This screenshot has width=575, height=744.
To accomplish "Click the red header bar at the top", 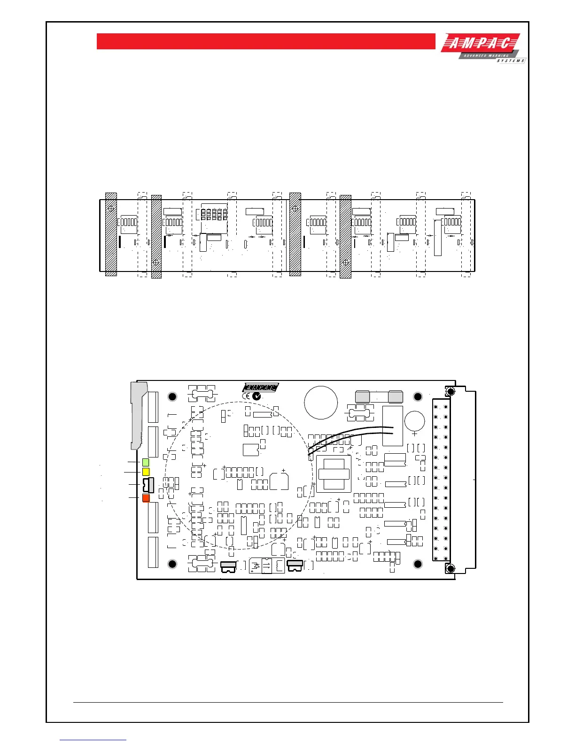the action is tap(266, 41).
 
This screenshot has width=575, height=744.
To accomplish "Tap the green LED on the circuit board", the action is tap(146, 463).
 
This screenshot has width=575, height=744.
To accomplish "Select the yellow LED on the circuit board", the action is tap(146, 472).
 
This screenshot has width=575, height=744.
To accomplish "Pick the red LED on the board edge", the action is tap(146, 498).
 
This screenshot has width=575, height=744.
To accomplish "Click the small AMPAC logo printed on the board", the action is tap(261, 387).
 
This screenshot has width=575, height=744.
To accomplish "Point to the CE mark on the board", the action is tap(246, 396).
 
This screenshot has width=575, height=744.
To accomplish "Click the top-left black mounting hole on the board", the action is tap(172, 397).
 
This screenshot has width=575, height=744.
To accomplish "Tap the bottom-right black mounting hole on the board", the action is tap(418, 564).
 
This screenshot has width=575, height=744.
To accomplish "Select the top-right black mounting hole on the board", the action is tap(418, 397).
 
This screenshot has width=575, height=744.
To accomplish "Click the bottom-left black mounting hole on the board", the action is tap(172, 564).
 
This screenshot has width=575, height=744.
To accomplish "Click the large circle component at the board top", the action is tap(321, 403).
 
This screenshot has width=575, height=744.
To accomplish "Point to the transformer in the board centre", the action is tap(334, 473).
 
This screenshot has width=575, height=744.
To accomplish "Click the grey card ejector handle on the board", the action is tap(138, 413).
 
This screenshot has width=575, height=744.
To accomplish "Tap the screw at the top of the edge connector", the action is tap(450, 391).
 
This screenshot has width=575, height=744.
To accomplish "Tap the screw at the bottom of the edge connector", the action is tap(450, 569).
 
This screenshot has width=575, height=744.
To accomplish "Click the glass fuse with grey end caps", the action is tap(379, 397).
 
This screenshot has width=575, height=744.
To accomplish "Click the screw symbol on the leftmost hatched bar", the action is tap(111, 208).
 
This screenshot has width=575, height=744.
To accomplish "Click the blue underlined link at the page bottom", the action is tap(93, 740).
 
